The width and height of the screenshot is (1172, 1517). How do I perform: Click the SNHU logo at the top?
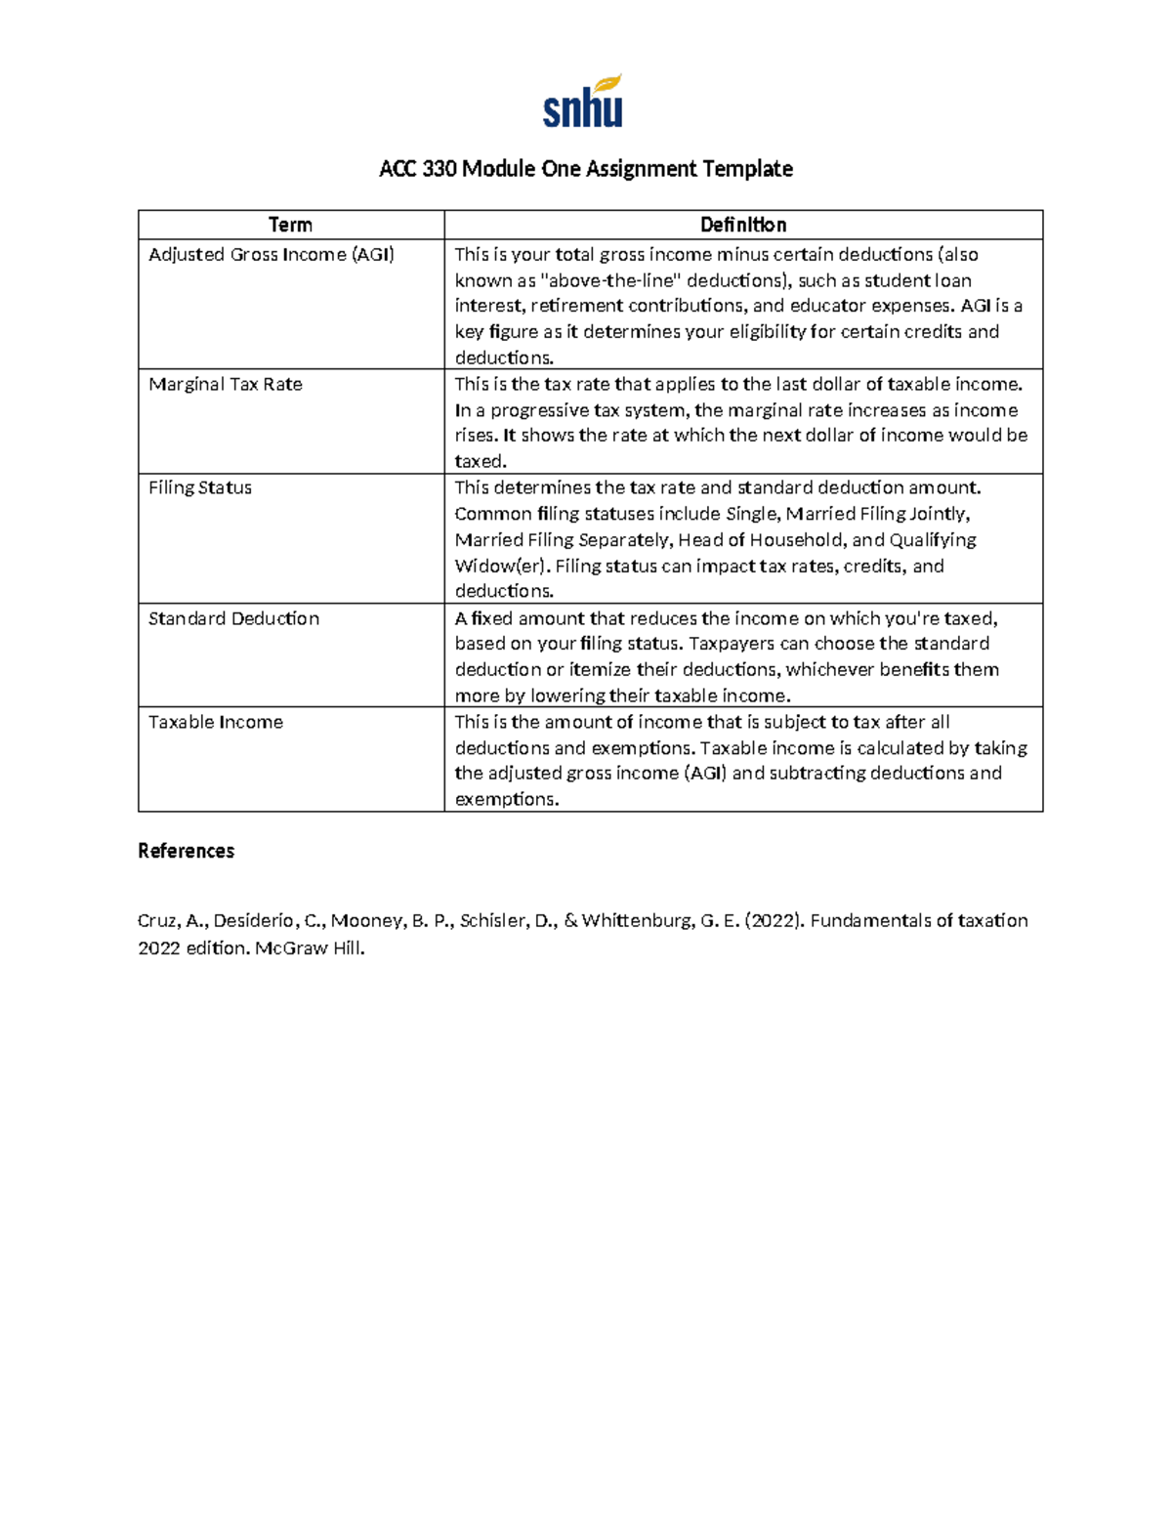pyautogui.click(x=583, y=102)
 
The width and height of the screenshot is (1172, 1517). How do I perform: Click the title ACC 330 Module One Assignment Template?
pyautogui.click(x=585, y=169)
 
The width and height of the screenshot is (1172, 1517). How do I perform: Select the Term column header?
pyautogui.click(x=290, y=225)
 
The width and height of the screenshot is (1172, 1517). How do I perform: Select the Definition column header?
pyautogui.click(x=742, y=225)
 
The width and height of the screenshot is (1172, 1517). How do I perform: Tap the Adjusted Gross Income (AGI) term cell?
pyautogui.click(x=272, y=255)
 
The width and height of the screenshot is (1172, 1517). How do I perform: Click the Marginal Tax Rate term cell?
pyautogui.click(x=226, y=385)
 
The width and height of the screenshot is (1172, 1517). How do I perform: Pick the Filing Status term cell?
pyautogui.click(x=200, y=487)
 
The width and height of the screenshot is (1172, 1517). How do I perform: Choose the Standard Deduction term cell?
pyautogui.click(x=233, y=618)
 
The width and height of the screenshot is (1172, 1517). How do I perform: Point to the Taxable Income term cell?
pyautogui.click(x=216, y=722)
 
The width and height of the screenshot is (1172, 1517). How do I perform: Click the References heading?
pyautogui.click(x=186, y=851)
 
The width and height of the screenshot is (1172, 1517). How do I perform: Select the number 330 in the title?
pyautogui.click(x=439, y=169)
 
